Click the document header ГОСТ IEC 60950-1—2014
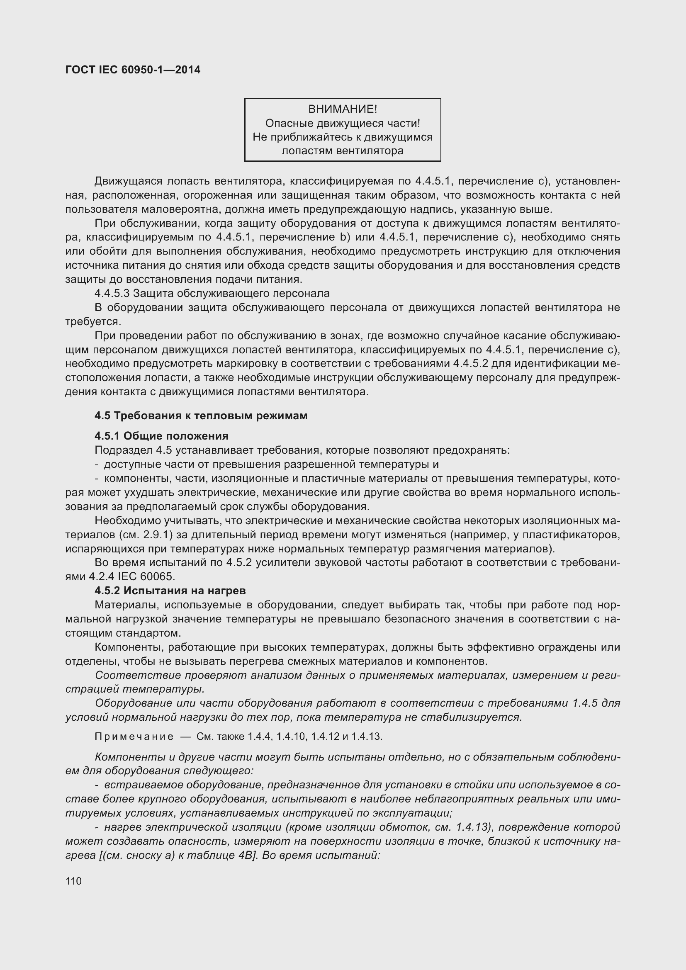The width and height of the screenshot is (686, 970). (x=133, y=70)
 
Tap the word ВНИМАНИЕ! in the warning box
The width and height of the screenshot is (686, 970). (x=343, y=109)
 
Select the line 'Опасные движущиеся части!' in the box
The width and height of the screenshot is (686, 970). (x=343, y=123)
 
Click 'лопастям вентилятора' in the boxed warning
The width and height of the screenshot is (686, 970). (x=343, y=151)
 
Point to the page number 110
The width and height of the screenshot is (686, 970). (x=73, y=881)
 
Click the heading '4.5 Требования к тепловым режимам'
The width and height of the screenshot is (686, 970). (x=201, y=416)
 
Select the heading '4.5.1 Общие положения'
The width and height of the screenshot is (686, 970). (x=161, y=435)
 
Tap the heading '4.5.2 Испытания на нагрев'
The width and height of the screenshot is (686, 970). (x=170, y=590)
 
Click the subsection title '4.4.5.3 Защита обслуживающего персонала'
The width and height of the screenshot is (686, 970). (x=212, y=293)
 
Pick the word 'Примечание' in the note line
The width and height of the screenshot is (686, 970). (x=134, y=737)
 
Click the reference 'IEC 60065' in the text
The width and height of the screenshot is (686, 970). (x=146, y=577)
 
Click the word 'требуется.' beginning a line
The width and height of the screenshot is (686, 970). (x=93, y=321)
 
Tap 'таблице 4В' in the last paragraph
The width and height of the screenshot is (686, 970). (x=226, y=856)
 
